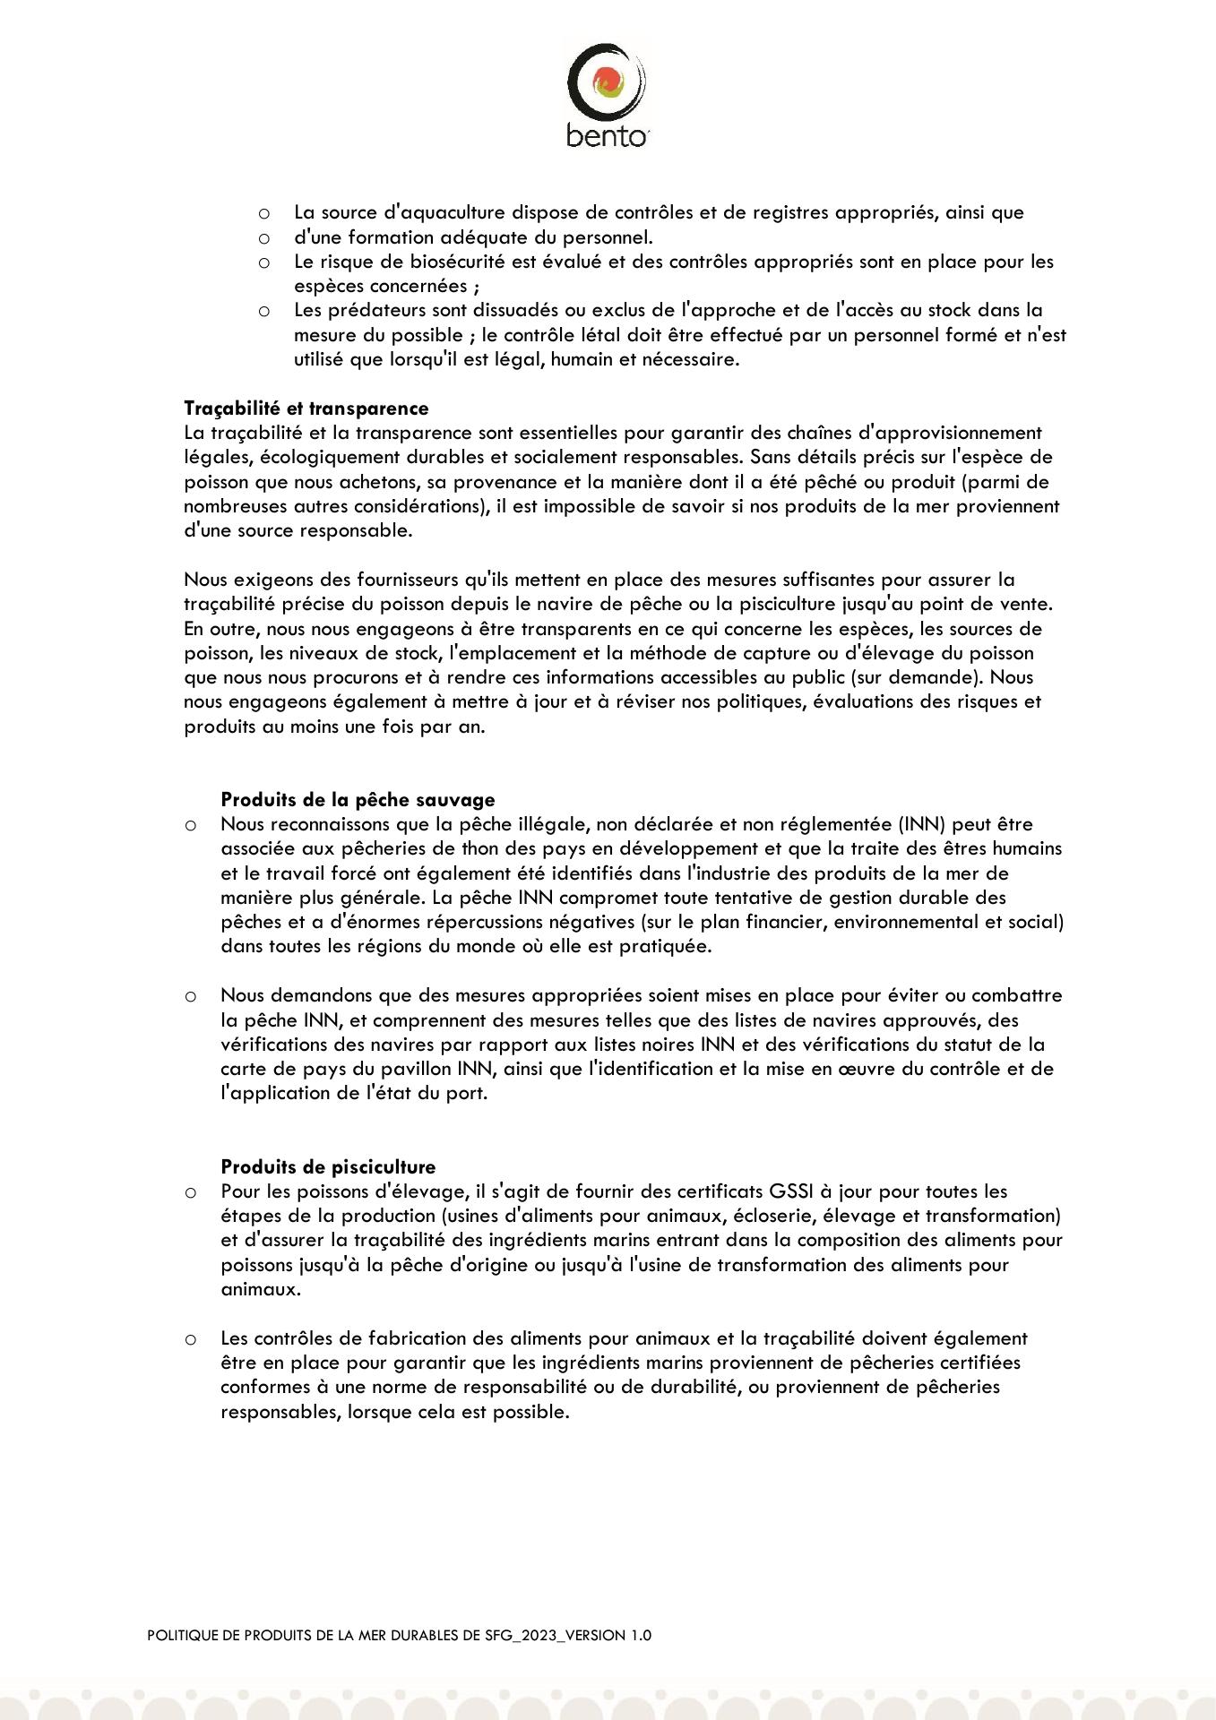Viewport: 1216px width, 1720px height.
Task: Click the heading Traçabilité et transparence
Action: (306, 408)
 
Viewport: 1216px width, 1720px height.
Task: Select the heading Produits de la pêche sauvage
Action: (358, 799)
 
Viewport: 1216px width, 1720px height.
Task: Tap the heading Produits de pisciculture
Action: (328, 1166)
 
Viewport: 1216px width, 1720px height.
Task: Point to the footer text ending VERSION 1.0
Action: (399, 1635)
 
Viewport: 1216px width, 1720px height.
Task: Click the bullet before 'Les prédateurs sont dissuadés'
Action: (263, 311)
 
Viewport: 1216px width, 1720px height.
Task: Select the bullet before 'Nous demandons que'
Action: (190, 996)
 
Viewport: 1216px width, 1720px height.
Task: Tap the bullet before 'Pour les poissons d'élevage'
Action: (190, 1192)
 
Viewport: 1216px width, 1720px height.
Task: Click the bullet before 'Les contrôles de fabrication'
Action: (190, 1339)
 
